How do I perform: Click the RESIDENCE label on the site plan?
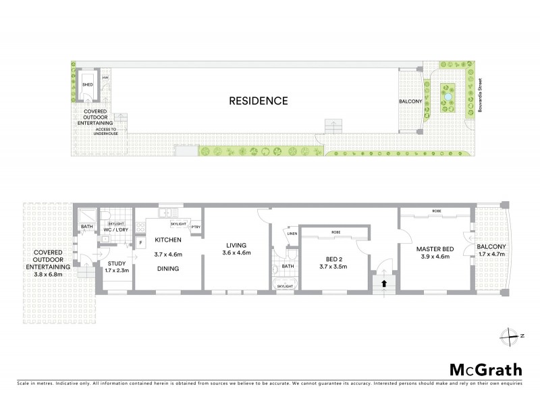258,101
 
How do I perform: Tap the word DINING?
168,267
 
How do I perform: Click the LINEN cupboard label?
292,234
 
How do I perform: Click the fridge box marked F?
140,242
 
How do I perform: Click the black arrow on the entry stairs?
385,284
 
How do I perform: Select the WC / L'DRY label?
117,231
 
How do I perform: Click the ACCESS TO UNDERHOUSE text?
105,132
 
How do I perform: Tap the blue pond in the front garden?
447,101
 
